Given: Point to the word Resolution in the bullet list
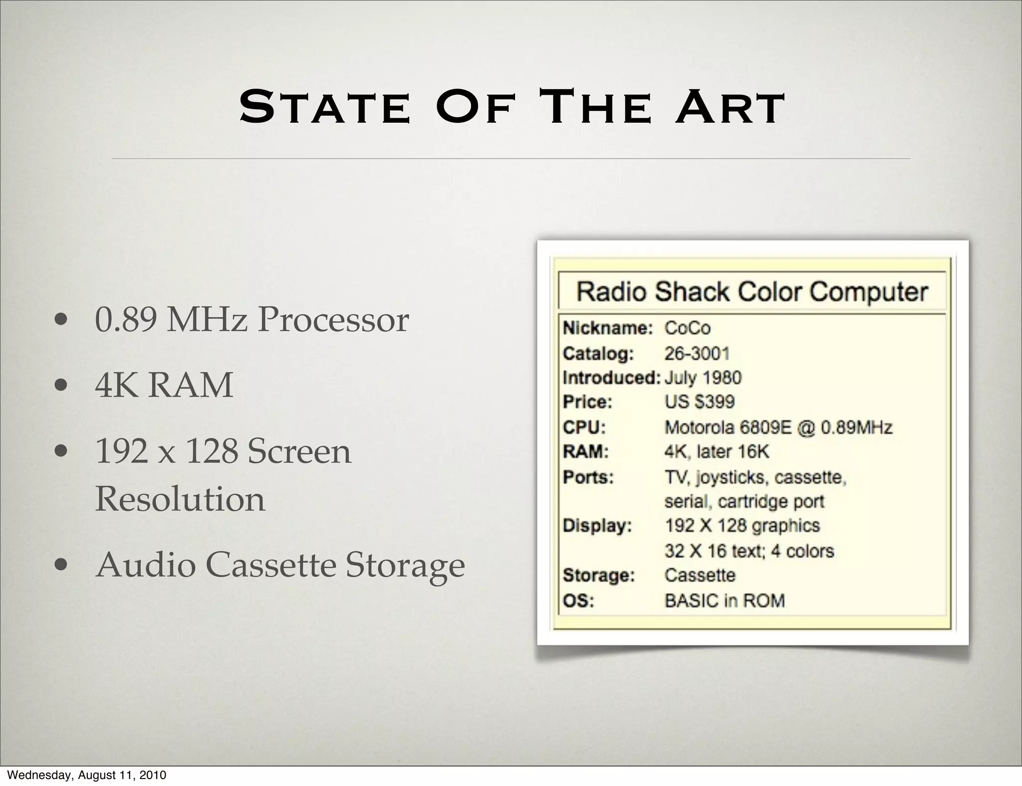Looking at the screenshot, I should click(180, 499).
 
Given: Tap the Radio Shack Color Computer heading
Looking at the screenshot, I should click(752, 292).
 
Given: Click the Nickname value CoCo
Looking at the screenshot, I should click(687, 328).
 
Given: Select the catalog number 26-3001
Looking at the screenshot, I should click(697, 354).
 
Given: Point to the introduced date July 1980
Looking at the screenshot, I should click(703, 378).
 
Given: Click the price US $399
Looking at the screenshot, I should click(700, 402).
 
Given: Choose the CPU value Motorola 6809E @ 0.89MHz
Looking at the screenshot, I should click(778, 427).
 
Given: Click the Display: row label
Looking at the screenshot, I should click(597, 526).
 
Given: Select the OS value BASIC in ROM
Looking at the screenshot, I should click(725, 600).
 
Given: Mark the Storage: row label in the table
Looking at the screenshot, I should click(598, 576).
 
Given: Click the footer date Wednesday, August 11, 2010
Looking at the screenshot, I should click(87, 775).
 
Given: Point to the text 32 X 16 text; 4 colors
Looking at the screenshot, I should click(749, 551).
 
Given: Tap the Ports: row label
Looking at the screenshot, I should click(588, 477).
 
